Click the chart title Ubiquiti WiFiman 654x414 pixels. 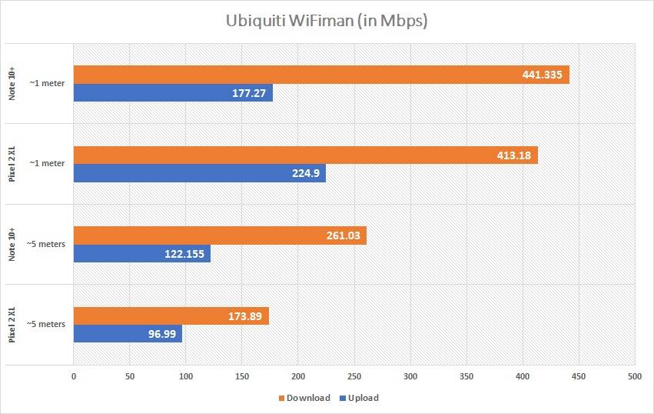tap(327, 21)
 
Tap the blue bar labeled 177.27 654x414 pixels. tap(173, 93)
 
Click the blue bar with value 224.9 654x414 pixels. tap(199, 174)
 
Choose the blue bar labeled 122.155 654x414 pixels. tap(141, 254)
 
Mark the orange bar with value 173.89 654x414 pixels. tap(171, 316)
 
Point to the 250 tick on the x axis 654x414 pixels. tap(354, 376)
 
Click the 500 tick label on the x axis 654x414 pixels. tap(635, 376)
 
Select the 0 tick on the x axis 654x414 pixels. tap(74, 376)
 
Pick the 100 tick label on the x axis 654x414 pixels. tap(186, 376)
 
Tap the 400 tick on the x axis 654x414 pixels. tap(523, 376)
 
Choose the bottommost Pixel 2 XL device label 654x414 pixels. tap(13, 324)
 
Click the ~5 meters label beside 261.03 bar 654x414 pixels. tap(46, 244)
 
